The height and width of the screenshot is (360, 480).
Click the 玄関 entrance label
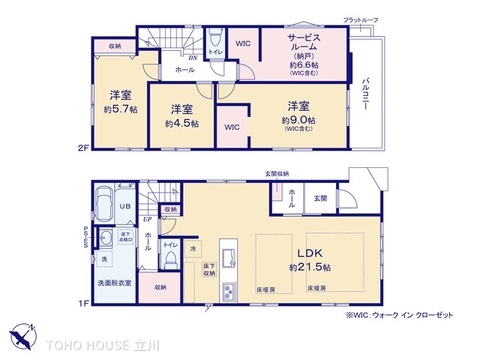coord(319,197)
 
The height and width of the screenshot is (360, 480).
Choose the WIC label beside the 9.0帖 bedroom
coord(231,128)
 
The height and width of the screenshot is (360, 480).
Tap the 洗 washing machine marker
coord(103,260)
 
